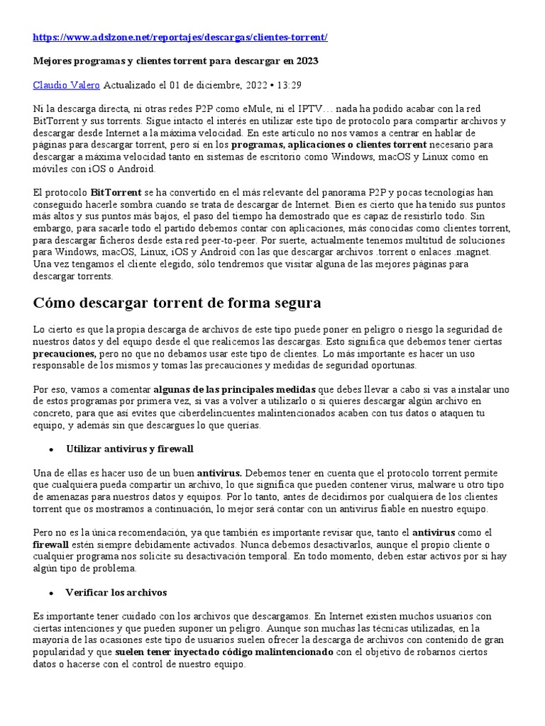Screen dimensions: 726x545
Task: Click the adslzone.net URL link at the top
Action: tap(180, 37)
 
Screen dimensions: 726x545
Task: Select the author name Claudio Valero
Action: tap(67, 85)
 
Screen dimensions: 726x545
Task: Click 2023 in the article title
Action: tap(307, 61)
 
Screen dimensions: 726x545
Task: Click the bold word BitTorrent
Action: tap(116, 192)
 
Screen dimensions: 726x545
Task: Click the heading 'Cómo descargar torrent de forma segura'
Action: tap(177, 303)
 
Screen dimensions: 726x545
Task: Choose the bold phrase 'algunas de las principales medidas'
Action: tap(236, 389)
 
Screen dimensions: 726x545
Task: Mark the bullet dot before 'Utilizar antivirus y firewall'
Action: tap(52, 449)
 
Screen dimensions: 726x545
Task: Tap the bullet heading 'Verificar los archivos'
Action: tap(116, 592)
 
